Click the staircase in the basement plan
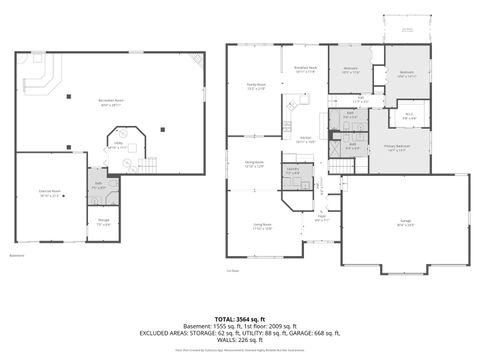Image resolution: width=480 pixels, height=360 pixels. pyautogui.click(x=148, y=162)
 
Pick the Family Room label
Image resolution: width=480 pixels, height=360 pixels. pyautogui.click(x=256, y=87)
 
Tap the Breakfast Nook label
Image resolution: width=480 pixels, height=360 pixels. pyautogui.click(x=306, y=70)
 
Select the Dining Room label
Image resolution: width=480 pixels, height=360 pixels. pyautogui.click(x=254, y=162)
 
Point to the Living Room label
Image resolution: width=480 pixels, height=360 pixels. pyautogui.click(x=262, y=226)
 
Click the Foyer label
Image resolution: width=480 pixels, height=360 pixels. pyautogui.click(x=323, y=218)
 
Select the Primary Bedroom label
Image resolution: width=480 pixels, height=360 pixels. pyautogui.click(x=396, y=148)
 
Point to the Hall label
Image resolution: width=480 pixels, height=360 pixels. pyautogui.click(x=362, y=100)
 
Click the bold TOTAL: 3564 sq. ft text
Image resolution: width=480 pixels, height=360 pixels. pyautogui.click(x=240, y=319)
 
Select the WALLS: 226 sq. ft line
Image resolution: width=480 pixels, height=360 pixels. pyautogui.click(x=240, y=340)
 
